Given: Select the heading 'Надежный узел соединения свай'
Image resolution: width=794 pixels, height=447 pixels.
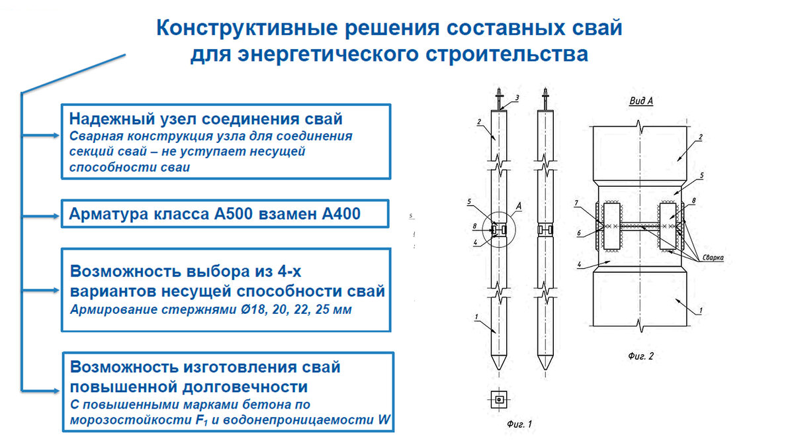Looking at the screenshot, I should coord(206,120).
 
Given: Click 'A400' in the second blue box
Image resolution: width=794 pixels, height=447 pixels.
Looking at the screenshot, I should coord(337,215).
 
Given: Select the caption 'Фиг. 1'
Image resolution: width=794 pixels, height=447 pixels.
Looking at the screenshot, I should coord(519,422).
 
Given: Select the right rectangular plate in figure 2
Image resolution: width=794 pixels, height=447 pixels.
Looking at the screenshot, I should coord(668,226).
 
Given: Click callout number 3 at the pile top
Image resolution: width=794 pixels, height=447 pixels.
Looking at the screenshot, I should coord(517,98).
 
